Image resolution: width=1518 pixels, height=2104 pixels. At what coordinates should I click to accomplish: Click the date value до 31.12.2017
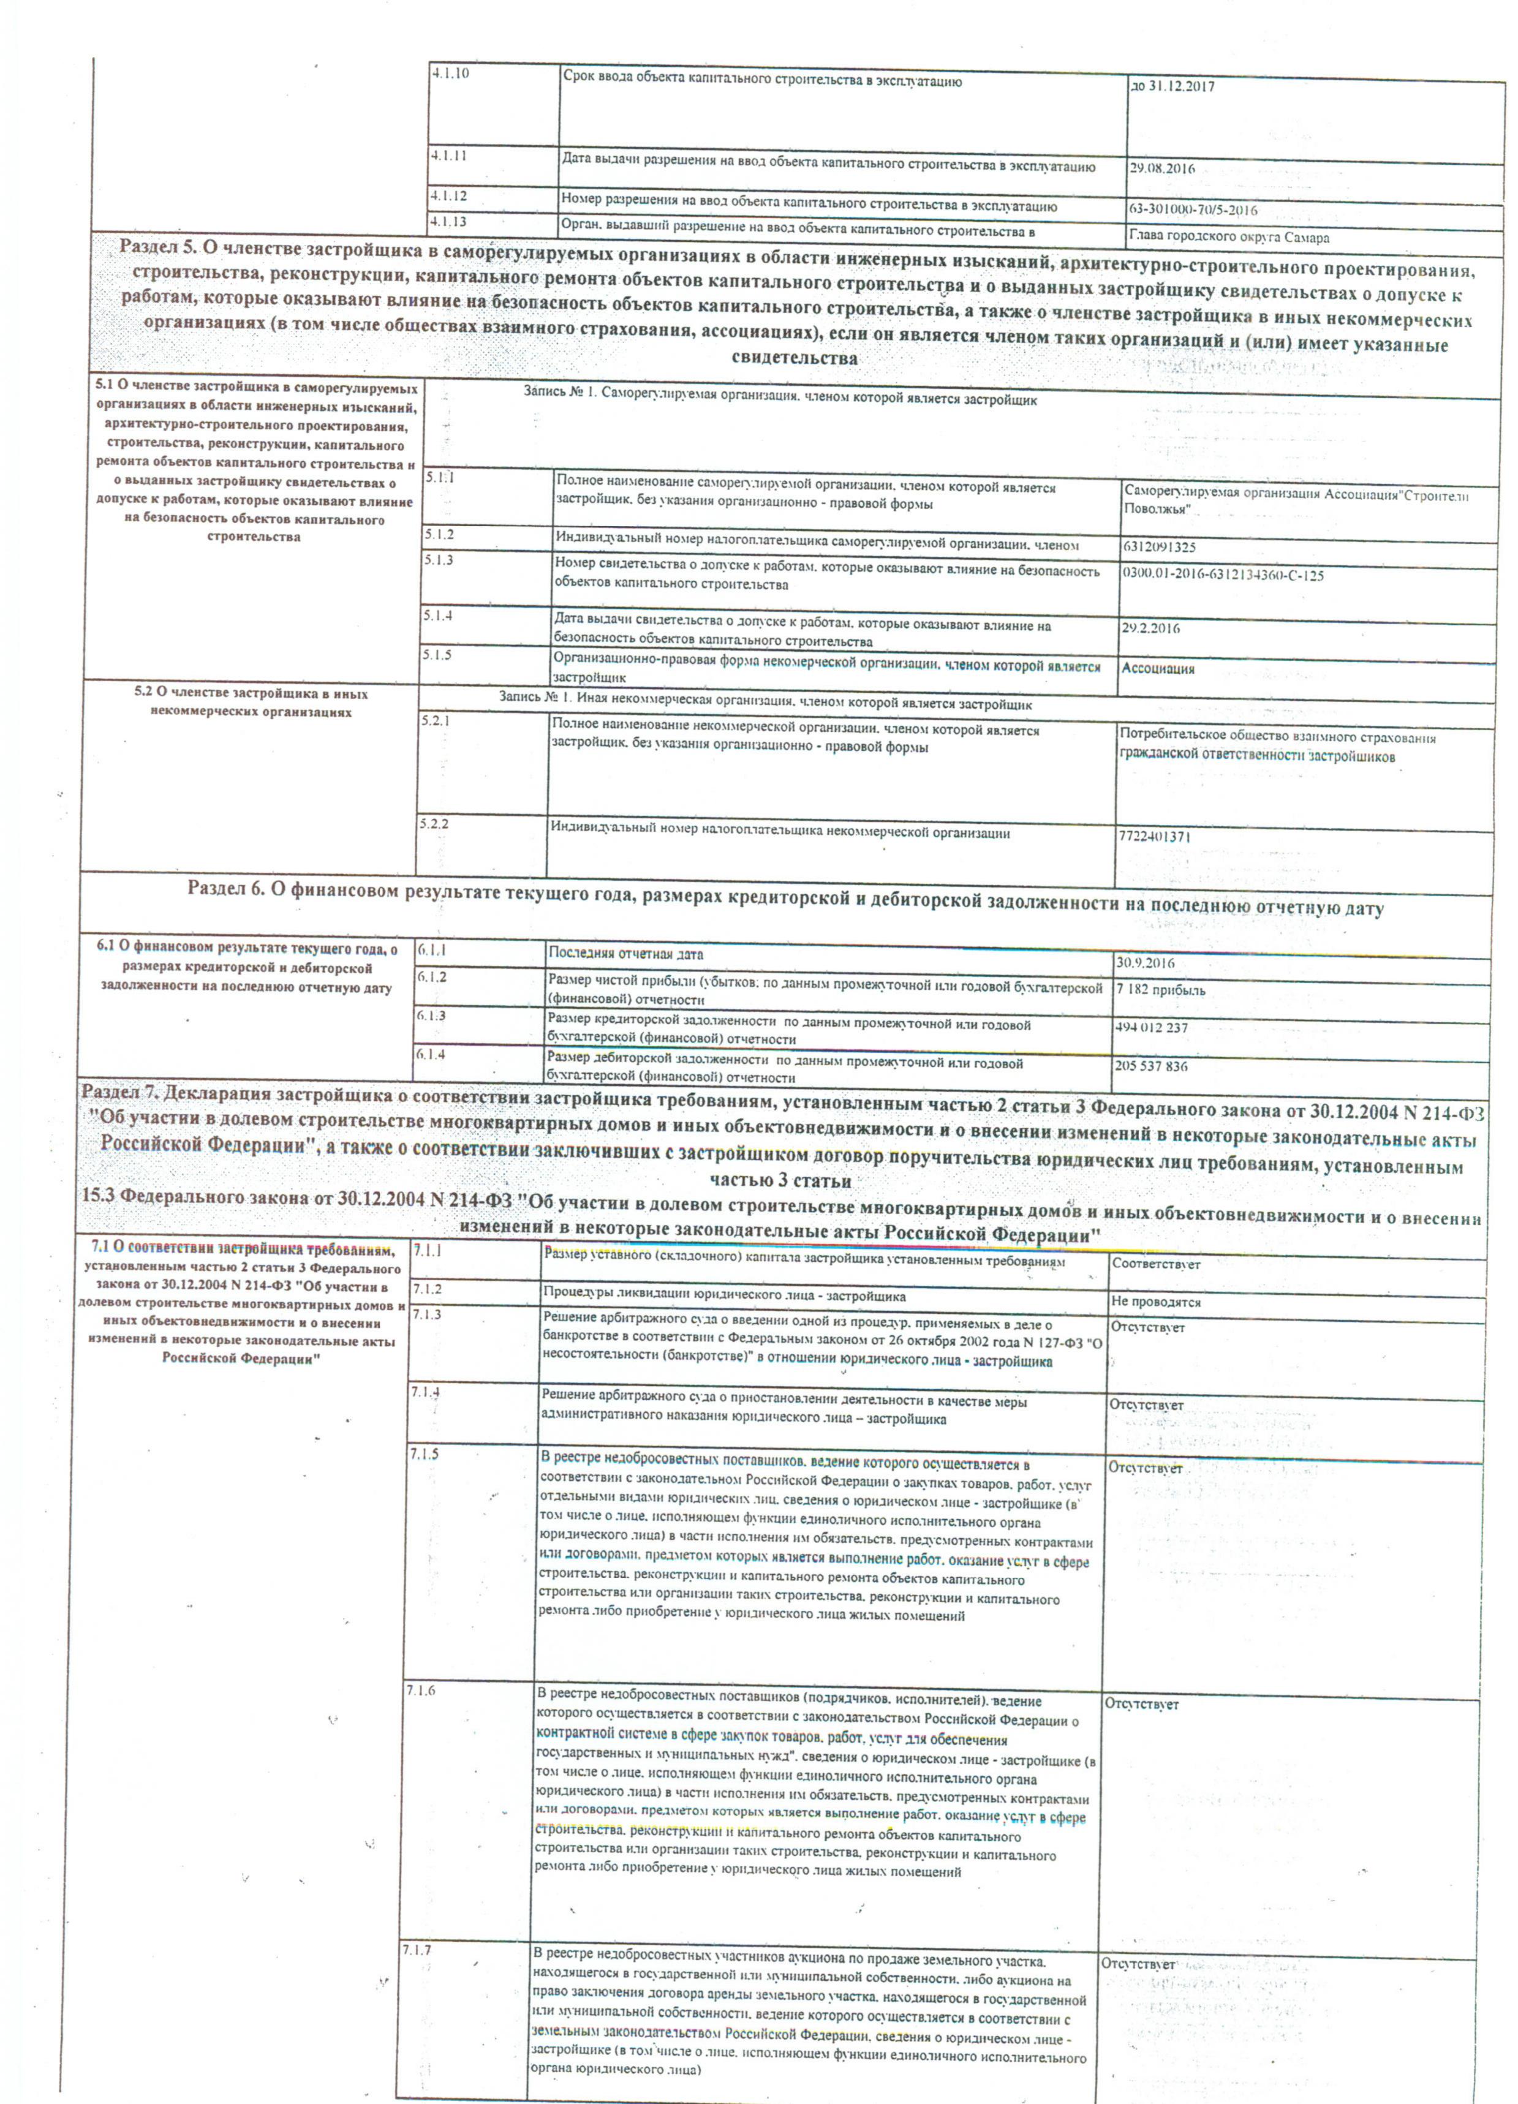[1172, 86]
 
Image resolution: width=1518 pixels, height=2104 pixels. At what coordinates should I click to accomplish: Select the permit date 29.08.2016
[1161, 169]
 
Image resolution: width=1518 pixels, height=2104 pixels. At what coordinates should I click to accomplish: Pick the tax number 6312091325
[1159, 548]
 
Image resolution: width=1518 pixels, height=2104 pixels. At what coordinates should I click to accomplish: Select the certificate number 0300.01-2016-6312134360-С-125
[1223, 575]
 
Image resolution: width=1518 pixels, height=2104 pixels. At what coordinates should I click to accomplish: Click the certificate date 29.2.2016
[1150, 628]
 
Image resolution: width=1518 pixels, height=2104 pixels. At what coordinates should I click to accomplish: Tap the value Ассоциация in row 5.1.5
[1158, 668]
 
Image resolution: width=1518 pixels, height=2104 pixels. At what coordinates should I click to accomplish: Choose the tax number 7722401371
[1154, 836]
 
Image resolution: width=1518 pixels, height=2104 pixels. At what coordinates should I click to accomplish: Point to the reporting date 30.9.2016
[1145, 963]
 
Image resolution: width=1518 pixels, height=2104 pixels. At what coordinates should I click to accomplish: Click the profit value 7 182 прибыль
[1161, 990]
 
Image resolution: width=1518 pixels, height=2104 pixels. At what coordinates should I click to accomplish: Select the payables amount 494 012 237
[1150, 1028]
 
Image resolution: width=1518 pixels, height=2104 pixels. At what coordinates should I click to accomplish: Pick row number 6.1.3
[431, 1016]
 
